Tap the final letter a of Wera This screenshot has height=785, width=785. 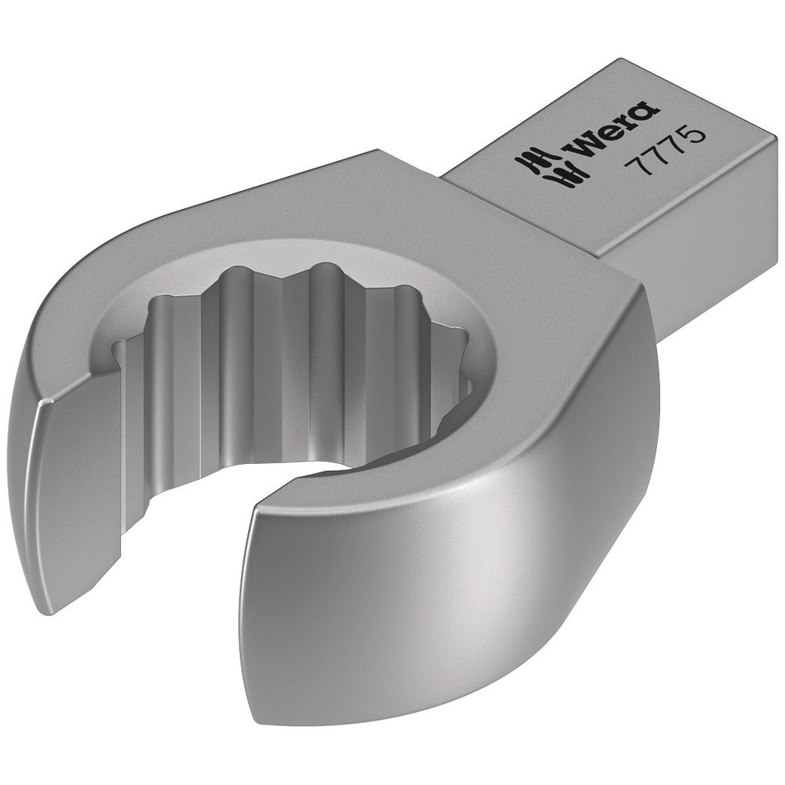[x=641, y=114]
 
